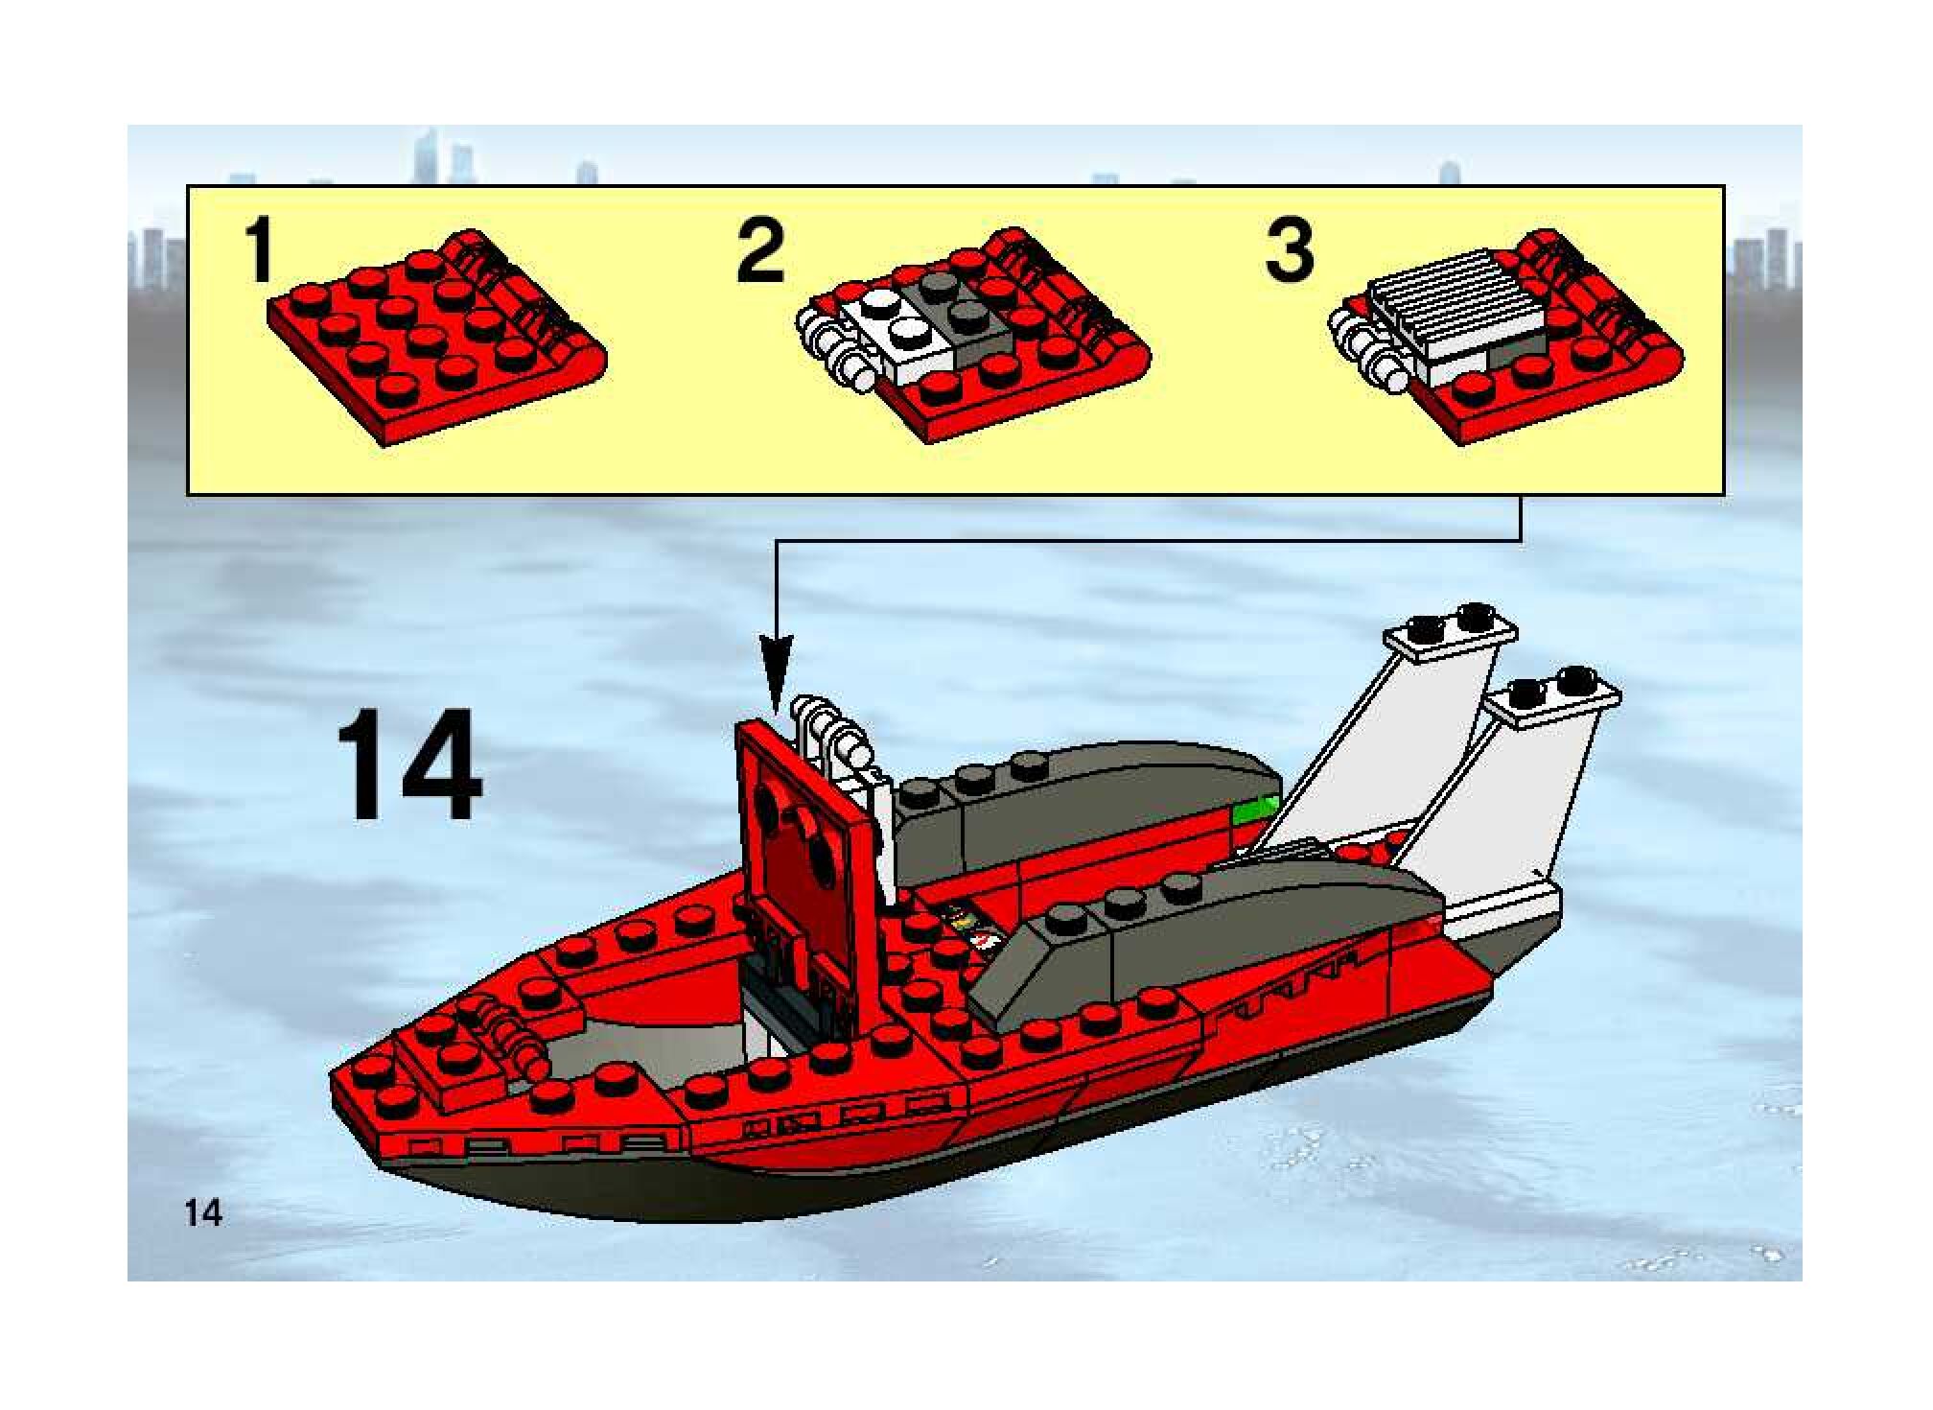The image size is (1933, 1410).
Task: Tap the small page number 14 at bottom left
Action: pyautogui.click(x=204, y=1213)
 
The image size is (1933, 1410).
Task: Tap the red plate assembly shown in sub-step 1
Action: pyautogui.click(x=436, y=338)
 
